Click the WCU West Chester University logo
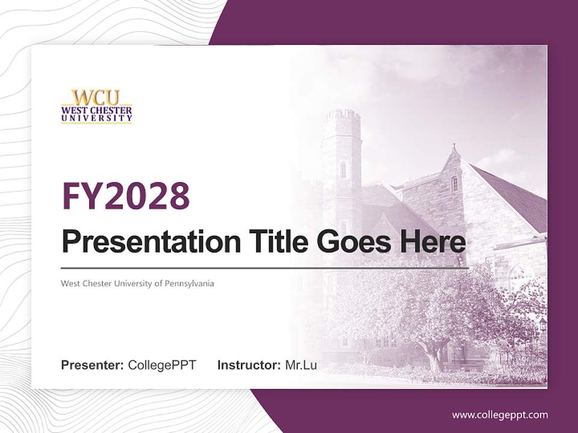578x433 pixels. [x=96, y=106]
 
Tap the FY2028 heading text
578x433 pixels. [x=126, y=195]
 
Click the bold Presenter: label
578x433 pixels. [x=93, y=365]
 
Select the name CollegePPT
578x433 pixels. [x=162, y=365]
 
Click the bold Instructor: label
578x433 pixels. [x=249, y=365]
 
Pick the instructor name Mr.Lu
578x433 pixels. [x=301, y=365]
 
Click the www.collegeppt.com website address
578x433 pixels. [x=500, y=414]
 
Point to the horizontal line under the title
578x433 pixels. [x=265, y=268]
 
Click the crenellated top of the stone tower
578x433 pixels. [x=341, y=115]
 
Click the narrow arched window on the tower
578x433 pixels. [x=343, y=170]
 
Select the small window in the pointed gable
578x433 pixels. [x=455, y=183]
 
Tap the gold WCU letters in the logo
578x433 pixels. [x=96, y=98]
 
